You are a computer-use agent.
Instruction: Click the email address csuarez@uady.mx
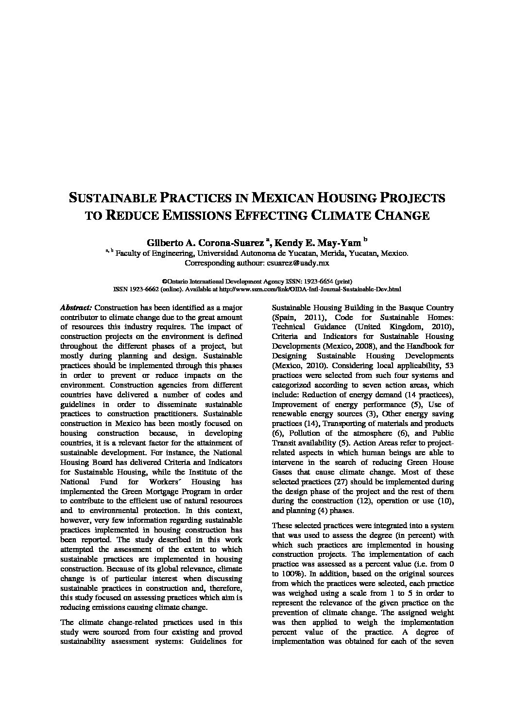point(298,263)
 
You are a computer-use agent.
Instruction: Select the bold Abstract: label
point(76,308)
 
